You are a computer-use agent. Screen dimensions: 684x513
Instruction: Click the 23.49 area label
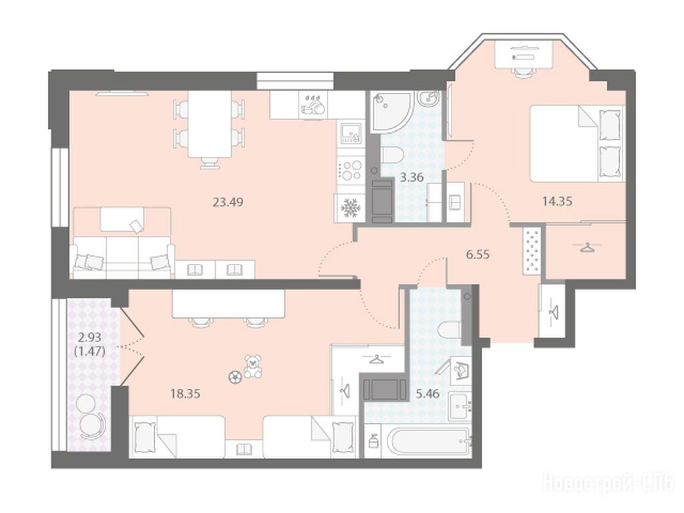227,202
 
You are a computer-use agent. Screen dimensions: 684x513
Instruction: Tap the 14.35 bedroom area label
557,202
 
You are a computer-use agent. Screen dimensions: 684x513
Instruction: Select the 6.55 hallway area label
478,254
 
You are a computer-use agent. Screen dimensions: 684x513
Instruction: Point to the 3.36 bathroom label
411,178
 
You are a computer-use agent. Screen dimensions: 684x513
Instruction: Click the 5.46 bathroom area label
427,394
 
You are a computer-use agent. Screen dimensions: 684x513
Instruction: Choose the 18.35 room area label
186,394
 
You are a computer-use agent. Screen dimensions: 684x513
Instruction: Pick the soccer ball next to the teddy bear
234,376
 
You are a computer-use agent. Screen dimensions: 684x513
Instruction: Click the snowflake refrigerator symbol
349,208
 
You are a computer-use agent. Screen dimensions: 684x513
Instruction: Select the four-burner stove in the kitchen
350,170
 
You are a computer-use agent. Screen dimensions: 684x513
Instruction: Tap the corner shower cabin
391,112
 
